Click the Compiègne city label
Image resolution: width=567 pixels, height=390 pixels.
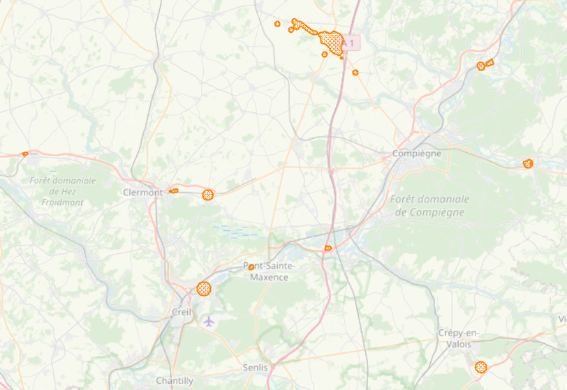(417, 153)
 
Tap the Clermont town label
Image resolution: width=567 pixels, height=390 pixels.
(142, 192)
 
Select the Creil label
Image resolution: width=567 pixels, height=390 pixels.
(181, 313)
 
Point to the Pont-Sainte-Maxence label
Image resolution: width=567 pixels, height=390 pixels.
(270, 271)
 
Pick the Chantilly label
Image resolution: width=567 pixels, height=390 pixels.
(175, 381)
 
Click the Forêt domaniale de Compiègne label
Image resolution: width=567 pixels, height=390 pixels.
(429, 205)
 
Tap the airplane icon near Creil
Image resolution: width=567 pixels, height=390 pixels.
(209, 320)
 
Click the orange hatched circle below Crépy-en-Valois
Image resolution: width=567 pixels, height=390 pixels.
(480, 367)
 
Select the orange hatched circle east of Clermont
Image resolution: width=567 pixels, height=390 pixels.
(207, 195)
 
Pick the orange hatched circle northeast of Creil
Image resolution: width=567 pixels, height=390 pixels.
(204, 287)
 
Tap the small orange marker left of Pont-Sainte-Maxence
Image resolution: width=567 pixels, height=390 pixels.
(251, 267)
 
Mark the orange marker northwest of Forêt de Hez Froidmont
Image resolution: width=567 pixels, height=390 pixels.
(25, 153)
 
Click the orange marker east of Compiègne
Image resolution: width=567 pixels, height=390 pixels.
(528, 163)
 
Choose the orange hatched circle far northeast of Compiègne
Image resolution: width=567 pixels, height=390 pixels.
(480, 66)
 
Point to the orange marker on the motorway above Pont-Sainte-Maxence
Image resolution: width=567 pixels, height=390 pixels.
(327, 248)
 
